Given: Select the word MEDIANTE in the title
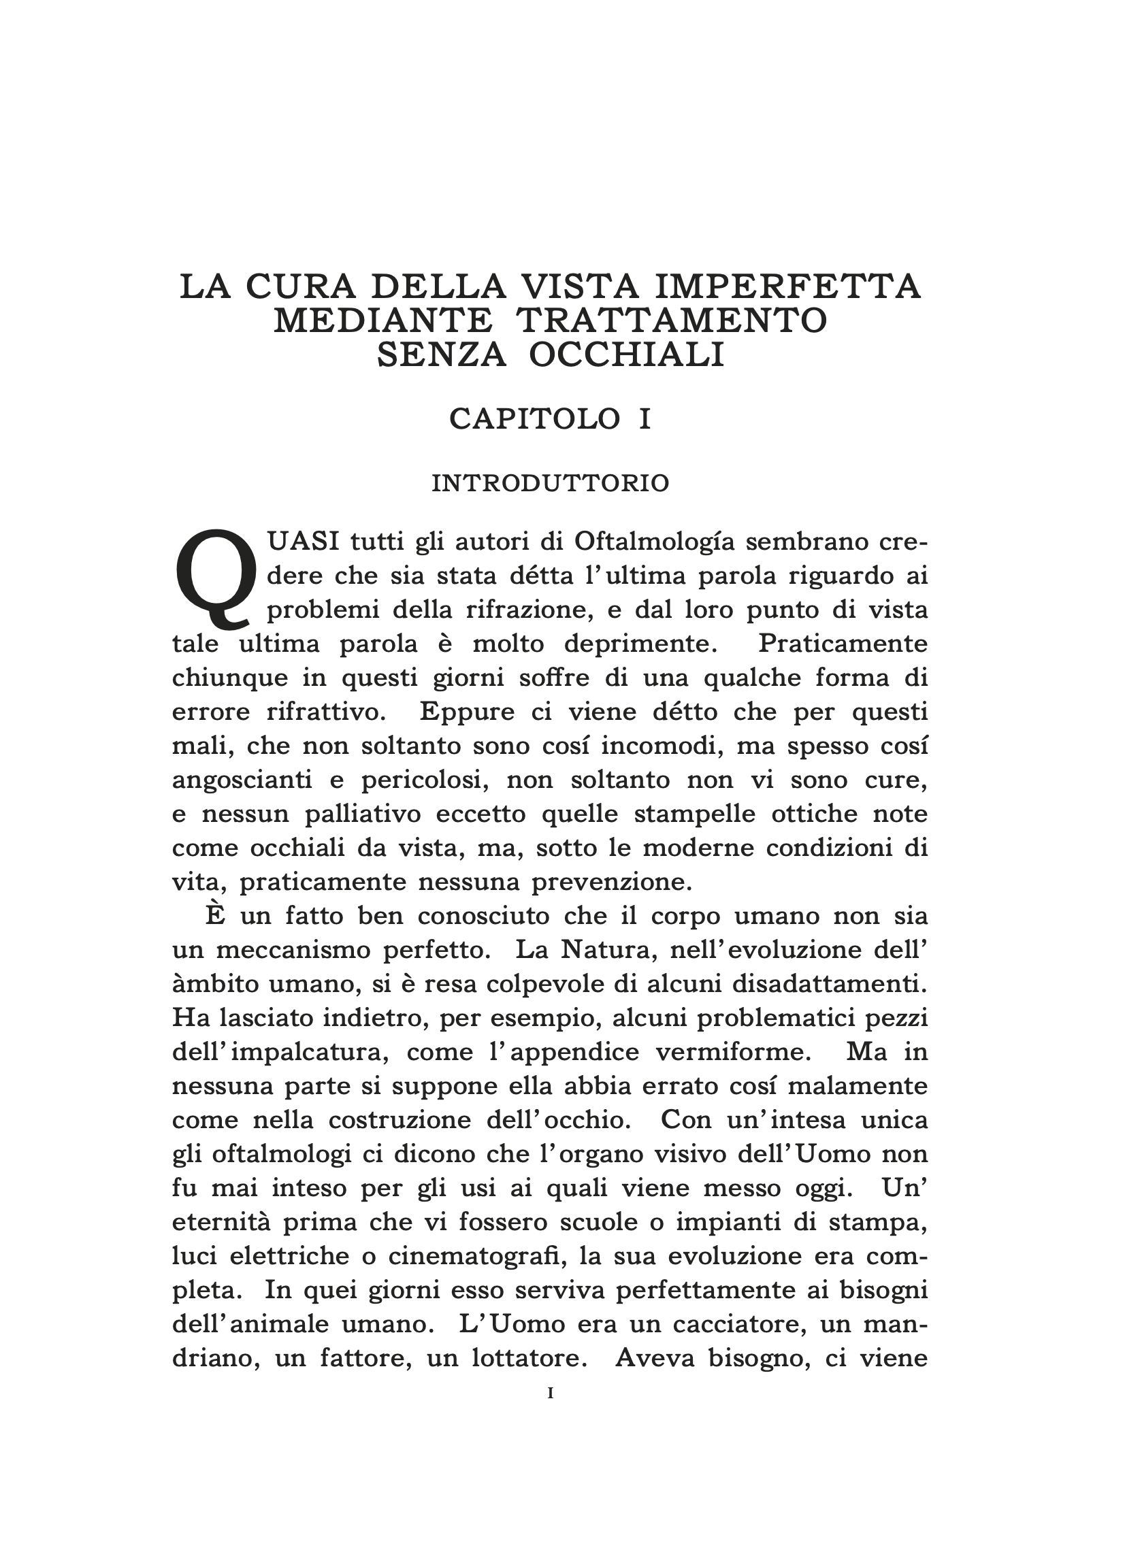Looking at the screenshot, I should (x=383, y=321).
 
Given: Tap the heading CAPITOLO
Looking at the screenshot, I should (x=534, y=418).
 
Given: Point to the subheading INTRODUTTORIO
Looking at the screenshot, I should (x=550, y=484).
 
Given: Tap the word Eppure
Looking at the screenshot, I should (x=467, y=712).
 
